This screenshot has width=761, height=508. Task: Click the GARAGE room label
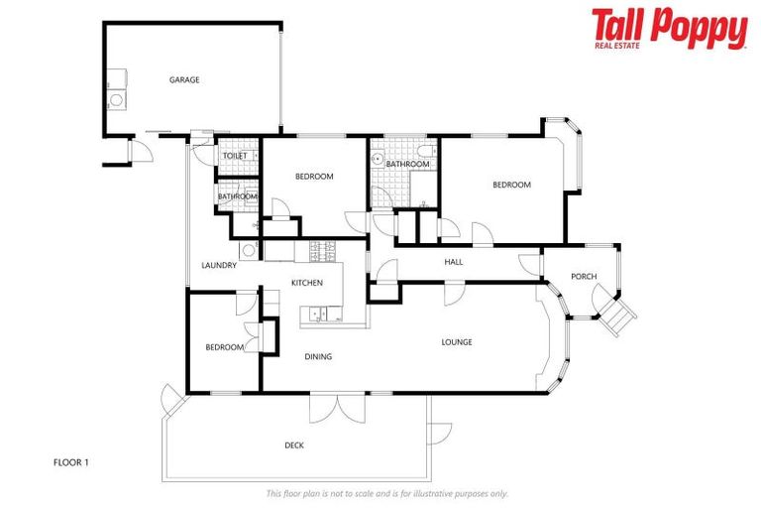(x=184, y=79)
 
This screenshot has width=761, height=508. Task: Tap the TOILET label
(x=235, y=156)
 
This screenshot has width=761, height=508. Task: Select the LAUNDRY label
(x=218, y=265)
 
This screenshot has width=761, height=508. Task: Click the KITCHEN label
(x=307, y=283)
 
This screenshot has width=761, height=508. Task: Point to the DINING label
(x=318, y=356)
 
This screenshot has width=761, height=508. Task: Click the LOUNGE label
(x=456, y=342)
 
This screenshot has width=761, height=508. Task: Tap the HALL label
(x=454, y=262)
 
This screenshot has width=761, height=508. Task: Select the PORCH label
(x=584, y=276)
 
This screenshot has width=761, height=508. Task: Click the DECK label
(x=294, y=445)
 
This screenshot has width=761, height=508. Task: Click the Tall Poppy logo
(x=669, y=28)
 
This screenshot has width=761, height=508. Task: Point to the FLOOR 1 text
(x=70, y=462)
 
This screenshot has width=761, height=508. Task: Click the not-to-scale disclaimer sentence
(x=386, y=493)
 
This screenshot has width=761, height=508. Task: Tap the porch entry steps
(x=621, y=316)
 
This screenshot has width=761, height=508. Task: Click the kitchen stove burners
(x=322, y=251)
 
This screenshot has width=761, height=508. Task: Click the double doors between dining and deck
(x=338, y=407)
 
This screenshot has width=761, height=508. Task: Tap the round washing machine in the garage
(x=116, y=99)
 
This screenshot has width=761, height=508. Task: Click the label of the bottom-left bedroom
(x=225, y=347)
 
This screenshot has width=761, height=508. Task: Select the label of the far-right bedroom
(x=512, y=185)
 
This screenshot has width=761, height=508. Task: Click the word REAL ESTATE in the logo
(x=620, y=46)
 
